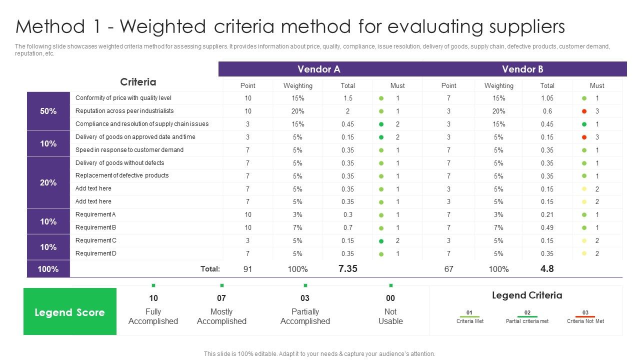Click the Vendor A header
pyautogui.click(x=318, y=69)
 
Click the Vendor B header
pyautogui.click(x=522, y=69)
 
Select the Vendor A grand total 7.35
pyautogui.click(x=347, y=268)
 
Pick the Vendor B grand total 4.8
pyautogui.click(x=547, y=268)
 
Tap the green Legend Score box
pyautogui.click(x=69, y=312)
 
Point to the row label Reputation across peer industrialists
pyautogui.click(x=124, y=111)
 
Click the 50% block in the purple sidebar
pyautogui.click(x=48, y=111)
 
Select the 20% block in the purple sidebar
pyautogui.click(x=48, y=182)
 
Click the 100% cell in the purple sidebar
pyautogui.click(x=48, y=269)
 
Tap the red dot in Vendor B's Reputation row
pyautogui.click(x=584, y=111)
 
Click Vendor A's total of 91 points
pyautogui.click(x=247, y=269)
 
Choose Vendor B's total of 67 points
pyautogui.click(x=448, y=269)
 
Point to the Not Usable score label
pyautogui.click(x=390, y=316)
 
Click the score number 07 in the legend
pyautogui.click(x=221, y=298)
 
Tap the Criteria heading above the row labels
pyautogui.click(x=138, y=82)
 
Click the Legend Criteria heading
pyautogui.click(x=527, y=295)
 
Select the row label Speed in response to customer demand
pyautogui.click(x=129, y=150)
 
